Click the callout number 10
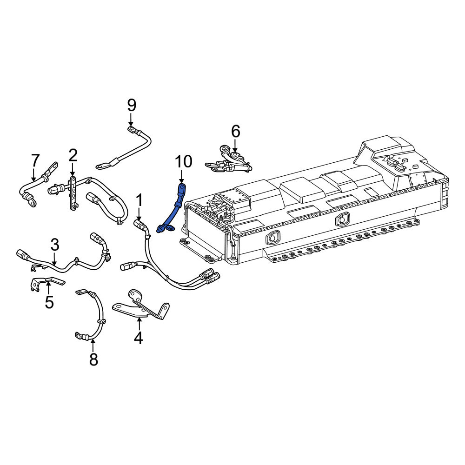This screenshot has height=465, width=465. [x=184, y=162]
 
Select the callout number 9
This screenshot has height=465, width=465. [x=132, y=105]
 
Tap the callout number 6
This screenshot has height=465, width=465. [x=235, y=131]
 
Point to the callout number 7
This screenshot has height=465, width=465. [x=35, y=160]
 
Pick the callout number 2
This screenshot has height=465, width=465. [x=73, y=155]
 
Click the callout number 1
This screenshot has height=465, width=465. [x=139, y=200]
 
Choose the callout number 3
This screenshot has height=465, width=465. [x=55, y=245]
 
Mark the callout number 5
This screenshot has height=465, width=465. [x=49, y=302]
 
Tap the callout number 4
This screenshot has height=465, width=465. [x=138, y=338]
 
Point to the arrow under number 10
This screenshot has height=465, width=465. [x=181, y=177]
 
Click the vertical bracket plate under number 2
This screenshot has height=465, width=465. [x=73, y=193]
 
